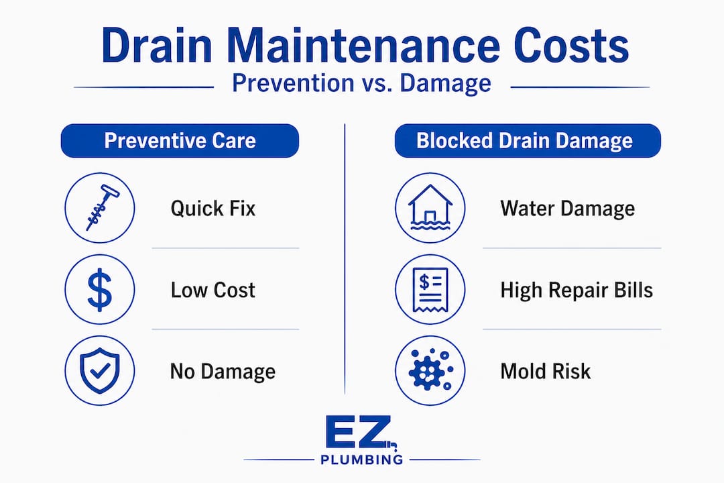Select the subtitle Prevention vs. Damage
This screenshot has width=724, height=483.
(x=361, y=83)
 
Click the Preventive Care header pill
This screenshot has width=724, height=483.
(x=180, y=141)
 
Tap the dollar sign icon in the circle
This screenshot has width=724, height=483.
(x=99, y=289)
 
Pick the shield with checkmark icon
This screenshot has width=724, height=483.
(x=99, y=371)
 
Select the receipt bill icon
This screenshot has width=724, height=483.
(x=430, y=289)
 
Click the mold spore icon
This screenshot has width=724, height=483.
(x=430, y=371)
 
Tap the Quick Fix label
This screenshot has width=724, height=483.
(x=213, y=208)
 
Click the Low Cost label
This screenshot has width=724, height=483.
(x=213, y=290)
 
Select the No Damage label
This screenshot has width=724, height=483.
(x=223, y=372)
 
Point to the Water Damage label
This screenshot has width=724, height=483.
(x=567, y=208)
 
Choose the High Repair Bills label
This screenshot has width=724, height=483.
(x=577, y=290)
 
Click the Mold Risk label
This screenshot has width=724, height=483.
(x=546, y=372)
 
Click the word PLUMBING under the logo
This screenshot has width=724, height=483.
(x=361, y=460)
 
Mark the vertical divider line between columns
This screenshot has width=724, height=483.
(x=345, y=268)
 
